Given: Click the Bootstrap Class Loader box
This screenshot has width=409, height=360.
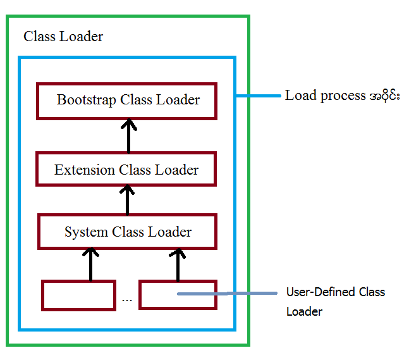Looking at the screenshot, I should (x=126, y=101).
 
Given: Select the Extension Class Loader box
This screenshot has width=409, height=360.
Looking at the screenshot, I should (x=126, y=170).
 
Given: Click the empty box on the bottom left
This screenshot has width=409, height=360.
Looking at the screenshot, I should (x=78, y=295).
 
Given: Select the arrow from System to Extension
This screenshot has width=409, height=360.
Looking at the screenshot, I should (x=128, y=199).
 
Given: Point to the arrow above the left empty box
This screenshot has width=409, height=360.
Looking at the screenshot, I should (x=91, y=264).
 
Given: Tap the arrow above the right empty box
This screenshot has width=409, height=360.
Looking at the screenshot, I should (x=178, y=264).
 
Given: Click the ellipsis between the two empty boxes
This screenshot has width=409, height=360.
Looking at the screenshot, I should (x=127, y=299).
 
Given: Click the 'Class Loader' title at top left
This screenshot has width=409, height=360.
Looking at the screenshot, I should (x=63, y=37).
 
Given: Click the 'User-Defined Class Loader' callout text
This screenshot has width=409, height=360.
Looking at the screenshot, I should (x=335, y=302).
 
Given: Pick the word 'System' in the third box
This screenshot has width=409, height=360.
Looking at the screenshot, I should (x=87, y=232).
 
